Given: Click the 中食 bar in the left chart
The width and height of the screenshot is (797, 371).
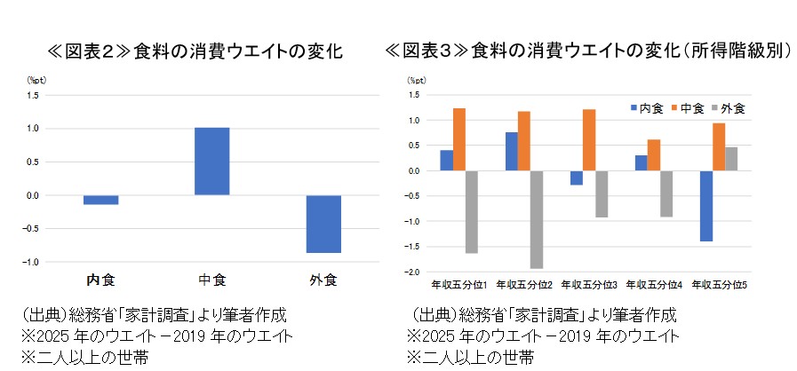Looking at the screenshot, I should (x=212, y=162).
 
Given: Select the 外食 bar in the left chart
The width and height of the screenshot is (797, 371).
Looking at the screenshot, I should (x=324, y=224).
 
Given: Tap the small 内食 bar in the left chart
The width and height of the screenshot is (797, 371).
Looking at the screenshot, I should (x=101, y=200).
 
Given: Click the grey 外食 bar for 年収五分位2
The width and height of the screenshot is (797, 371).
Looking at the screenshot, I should (x=537, y=219).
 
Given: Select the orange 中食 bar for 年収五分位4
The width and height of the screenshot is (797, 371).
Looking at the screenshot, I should (x=654, y=155).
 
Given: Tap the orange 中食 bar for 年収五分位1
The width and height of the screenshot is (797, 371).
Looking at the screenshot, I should (x=459, y=139).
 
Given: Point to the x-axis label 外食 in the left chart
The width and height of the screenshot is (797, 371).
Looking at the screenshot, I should (x=323, y=280).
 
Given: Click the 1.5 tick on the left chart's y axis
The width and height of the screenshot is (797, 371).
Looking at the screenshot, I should (x=33, y=95).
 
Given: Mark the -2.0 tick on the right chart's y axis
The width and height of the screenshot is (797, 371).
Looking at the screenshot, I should (x=413, y=272).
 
